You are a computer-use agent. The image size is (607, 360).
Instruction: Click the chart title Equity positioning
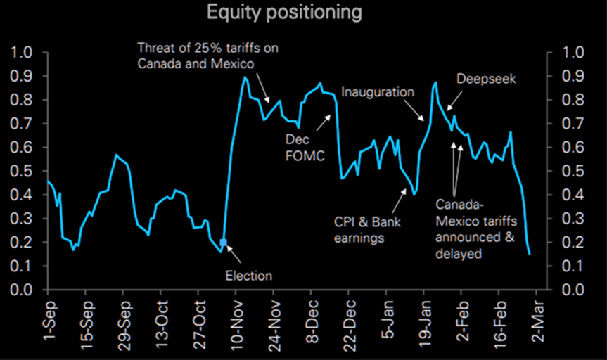pyautogui.click(x=285, y=13)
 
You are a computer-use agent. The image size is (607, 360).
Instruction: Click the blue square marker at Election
pyautogui.click(x=224, y=243)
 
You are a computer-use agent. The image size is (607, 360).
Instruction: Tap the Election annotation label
pyautogui.click(x=248, y=276)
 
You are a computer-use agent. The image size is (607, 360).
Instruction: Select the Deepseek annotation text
pyautogui.click(x=486, y=79)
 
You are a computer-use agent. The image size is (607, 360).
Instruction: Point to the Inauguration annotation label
pyautogui.click(x=378, y=92)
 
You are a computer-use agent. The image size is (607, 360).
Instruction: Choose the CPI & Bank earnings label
pyautogui.click(x=359, y=230)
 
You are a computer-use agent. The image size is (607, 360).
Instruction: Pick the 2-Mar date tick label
pyautogui.click(x=535, y=323)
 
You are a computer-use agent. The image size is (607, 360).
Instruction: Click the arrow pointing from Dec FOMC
pyautogui.click(x=324, y=124)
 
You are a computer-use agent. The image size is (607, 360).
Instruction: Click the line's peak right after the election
pyautogui.click(x=244, y=77)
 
